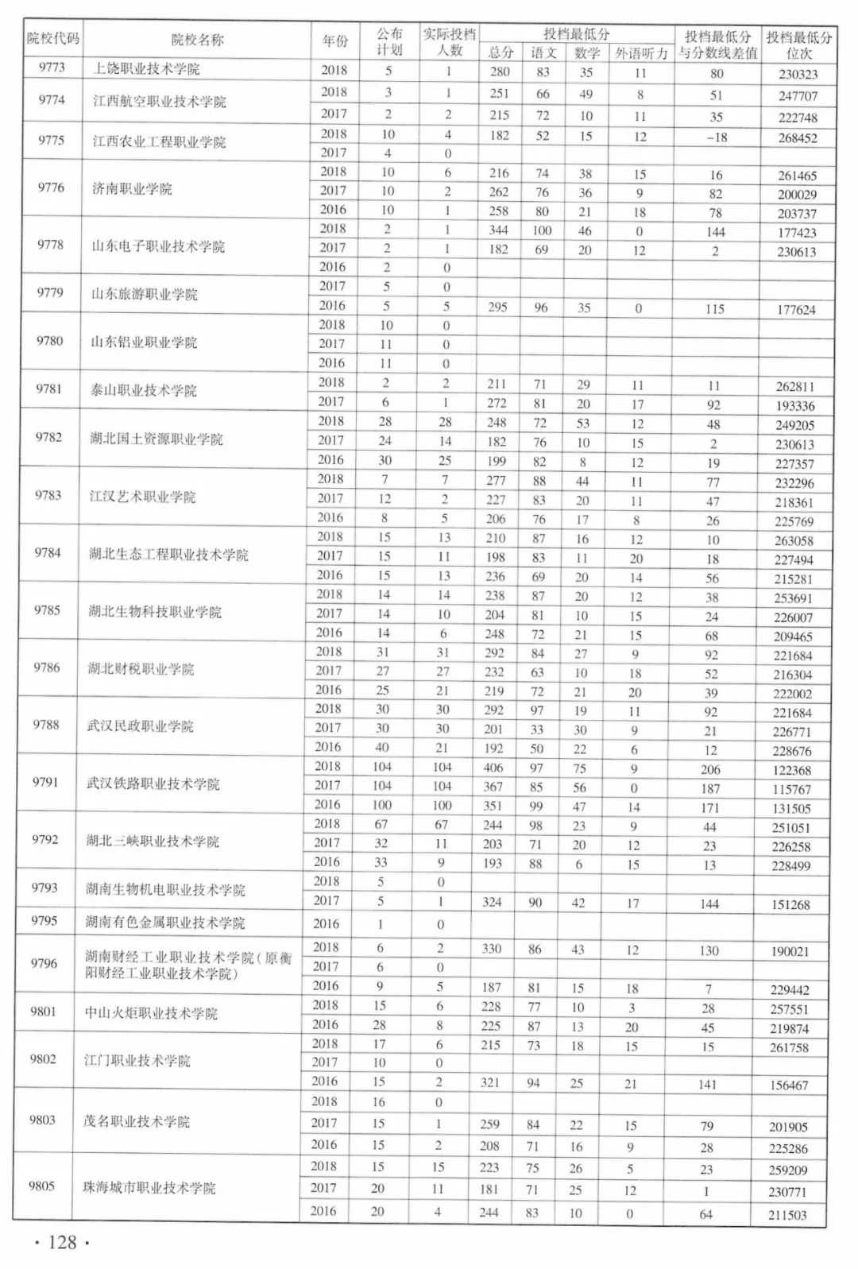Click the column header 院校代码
(x=53, y=38)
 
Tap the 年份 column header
(x=335, y=41)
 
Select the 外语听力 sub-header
(x=641, y=53)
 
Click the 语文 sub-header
(x=543, y=53)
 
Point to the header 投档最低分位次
(x=798, y=44)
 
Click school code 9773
(x=52, y=68)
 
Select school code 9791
(x=46, y=782)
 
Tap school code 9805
(x=42, y=1186)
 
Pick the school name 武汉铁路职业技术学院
(x=153, y=784)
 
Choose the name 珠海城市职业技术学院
(x=149, y=1188)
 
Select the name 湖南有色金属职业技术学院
(x=165, y=923)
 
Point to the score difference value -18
(x=716, y=137)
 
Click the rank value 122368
(x=792, y=770)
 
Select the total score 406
(x=493, y=768)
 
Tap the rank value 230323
(x=798, y=74)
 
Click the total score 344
(x=498, y=230)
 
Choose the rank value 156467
(x=788, y=1085)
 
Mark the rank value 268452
(x=798, y=137)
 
